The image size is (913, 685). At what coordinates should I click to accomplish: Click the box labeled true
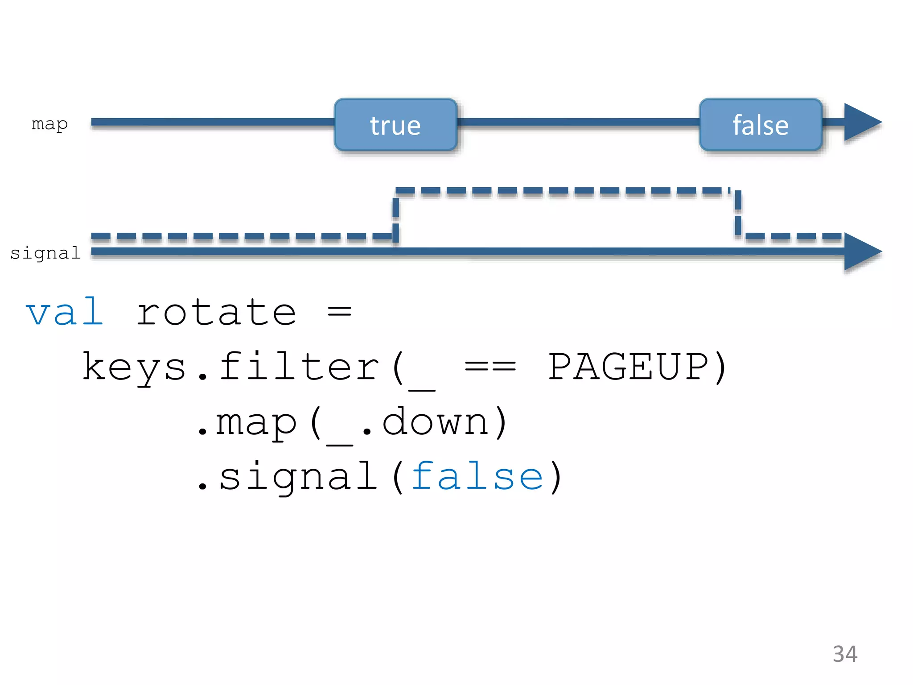pos(395,125)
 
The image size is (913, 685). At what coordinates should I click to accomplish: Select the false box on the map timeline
pos(761,125)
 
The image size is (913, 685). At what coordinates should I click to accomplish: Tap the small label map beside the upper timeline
pos(49,124)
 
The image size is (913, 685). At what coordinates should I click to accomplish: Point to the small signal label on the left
pos(45,253)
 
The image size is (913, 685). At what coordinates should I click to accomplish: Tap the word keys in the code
pos(134,367)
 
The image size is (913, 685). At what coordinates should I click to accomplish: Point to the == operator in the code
pos(490,367)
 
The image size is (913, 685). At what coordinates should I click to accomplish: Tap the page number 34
pos(845,654)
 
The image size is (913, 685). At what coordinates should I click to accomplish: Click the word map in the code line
pos(256,423)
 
